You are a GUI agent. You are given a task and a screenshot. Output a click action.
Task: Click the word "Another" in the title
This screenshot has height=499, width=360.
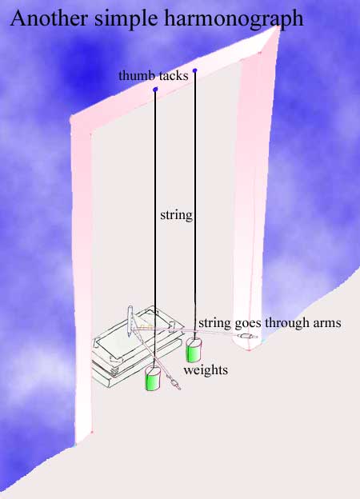click(49, 18)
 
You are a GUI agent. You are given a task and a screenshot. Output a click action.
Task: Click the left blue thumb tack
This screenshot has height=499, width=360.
click(155, 90)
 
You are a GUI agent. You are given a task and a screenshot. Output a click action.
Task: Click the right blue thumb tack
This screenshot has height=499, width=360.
click(195, 70)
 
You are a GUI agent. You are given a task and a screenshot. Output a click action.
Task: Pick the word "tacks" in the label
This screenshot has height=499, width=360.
click(174, 76)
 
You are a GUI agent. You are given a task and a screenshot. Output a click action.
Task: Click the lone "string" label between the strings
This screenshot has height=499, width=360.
click(176, 215)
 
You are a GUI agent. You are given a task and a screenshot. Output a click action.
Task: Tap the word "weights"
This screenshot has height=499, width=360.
click(206, 370)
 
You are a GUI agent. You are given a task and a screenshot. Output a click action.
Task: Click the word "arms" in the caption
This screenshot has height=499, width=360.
click(327, 323)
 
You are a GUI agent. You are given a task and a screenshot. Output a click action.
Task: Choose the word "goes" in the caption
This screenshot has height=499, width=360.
click(248, 324)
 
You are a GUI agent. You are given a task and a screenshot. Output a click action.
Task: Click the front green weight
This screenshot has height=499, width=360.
click(153, 378)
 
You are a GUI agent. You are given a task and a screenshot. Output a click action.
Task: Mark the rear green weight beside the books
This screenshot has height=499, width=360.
click(194, 350)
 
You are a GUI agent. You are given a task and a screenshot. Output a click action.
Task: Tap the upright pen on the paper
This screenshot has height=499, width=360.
click(130, 321)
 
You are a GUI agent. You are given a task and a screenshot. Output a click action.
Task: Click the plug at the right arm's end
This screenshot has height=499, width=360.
click(247, 336)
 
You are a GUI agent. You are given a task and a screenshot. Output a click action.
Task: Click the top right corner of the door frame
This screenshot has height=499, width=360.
click(278, 27)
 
